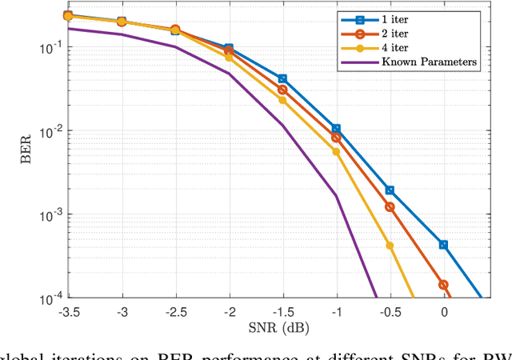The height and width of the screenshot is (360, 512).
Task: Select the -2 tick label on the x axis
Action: coord(229,313)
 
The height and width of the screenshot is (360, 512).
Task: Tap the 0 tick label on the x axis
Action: coord(444,313)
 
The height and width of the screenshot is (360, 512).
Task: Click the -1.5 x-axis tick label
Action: coord(282,313)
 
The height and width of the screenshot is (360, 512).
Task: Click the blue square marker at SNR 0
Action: coord(444,245)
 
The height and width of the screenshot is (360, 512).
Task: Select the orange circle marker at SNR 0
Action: coord(444,284)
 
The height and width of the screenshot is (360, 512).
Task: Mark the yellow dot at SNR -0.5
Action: coord(390,246)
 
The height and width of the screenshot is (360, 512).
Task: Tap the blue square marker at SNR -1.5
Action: coord(282,79)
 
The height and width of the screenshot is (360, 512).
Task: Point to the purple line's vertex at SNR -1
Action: coord(336,196)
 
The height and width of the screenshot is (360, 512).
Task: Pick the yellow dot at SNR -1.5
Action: coord(282,100)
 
